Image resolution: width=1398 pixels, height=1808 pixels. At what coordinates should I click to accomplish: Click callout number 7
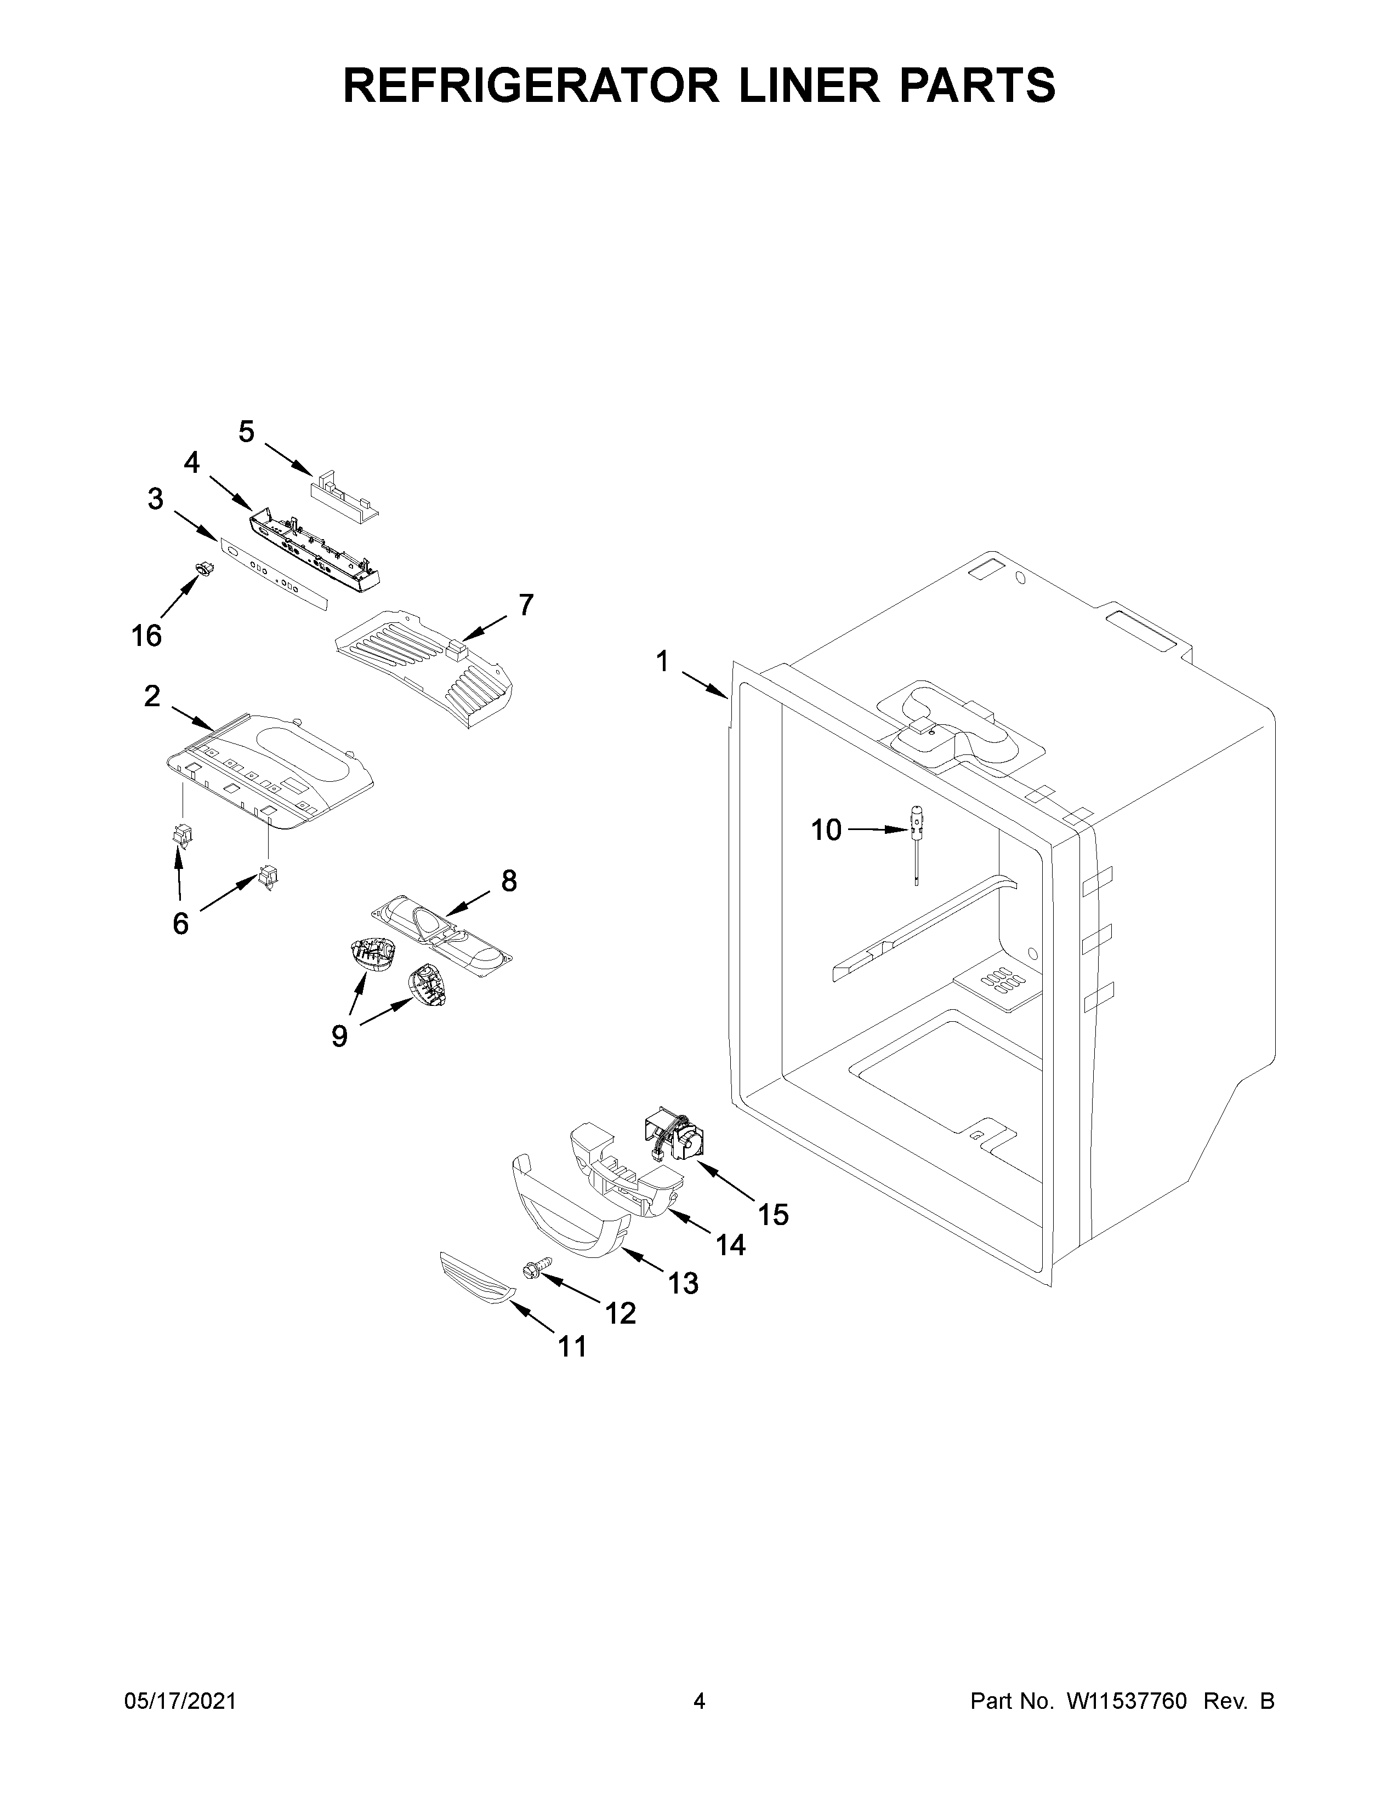point(526,605)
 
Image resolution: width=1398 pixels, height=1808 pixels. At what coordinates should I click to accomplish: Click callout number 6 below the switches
point(180,923)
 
